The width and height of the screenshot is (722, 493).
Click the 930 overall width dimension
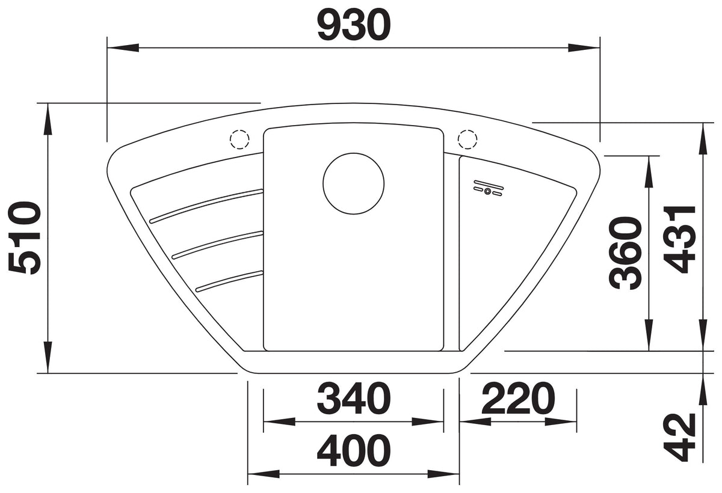pyautogui.click(x=354, y=25)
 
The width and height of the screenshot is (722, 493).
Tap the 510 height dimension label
pyautogui.click(x=25, y=238)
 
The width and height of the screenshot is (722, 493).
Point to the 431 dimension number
pyautogui.click(x=679, y=240)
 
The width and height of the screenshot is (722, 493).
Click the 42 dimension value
pyautogui.click(x=679, y=437)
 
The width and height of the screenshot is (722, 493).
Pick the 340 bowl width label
pyautogui.click(x=354, y=399)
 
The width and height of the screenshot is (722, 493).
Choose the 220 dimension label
pyautogui.click(x=518, y=399)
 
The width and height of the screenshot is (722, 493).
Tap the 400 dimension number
pyautogui.click(x=354, y=450)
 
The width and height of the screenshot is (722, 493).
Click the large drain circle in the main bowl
pyautogui.click(x=354, y=183)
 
